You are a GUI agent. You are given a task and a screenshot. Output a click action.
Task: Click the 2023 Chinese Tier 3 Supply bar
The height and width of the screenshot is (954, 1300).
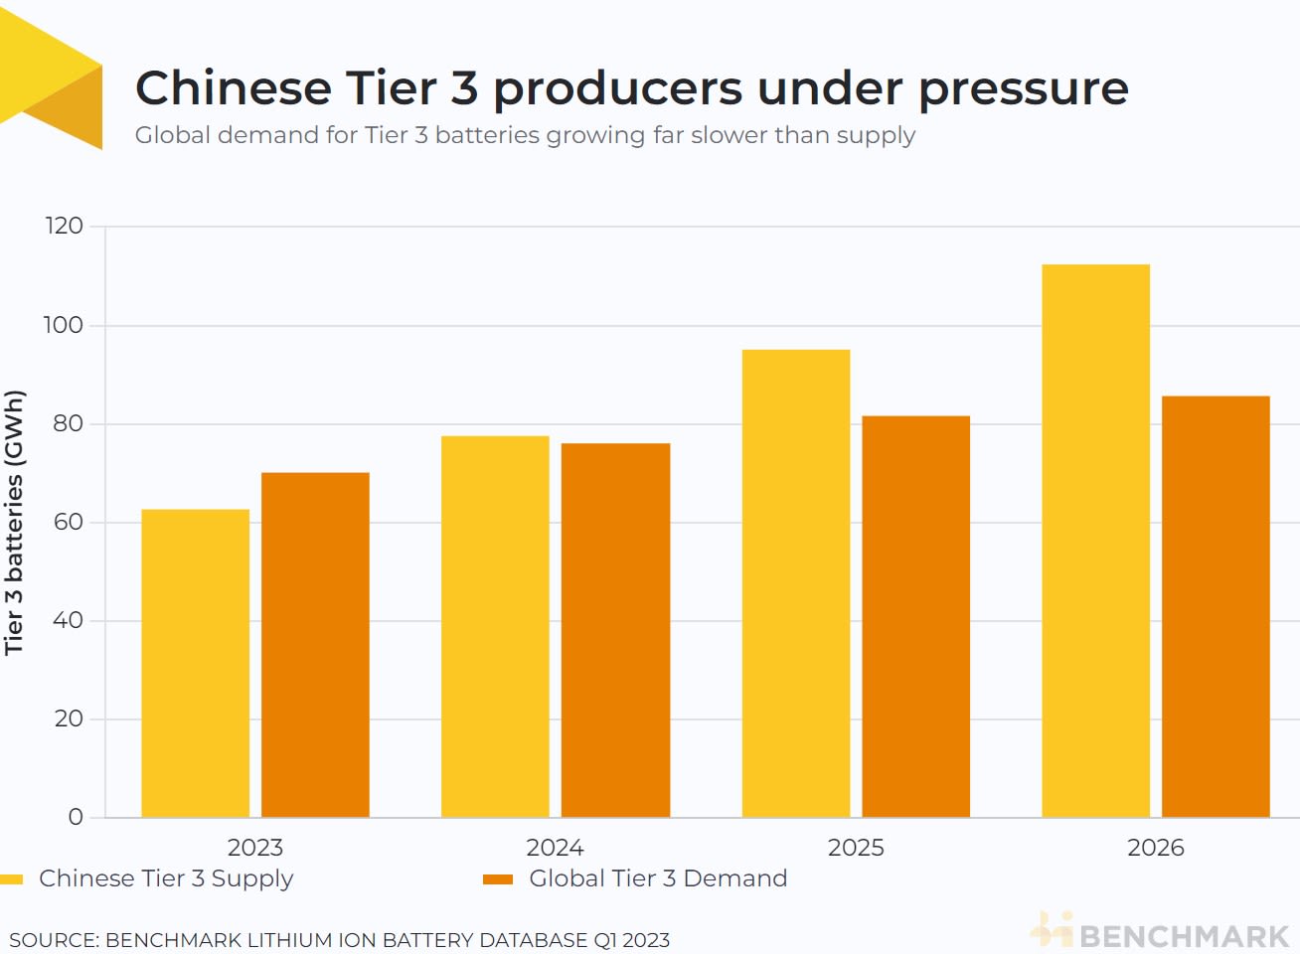pos(195,663)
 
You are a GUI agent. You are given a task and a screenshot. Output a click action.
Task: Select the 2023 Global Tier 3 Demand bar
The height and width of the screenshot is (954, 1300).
pos(315,645)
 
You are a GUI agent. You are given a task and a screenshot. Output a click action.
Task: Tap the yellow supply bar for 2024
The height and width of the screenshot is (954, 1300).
pos(495,626)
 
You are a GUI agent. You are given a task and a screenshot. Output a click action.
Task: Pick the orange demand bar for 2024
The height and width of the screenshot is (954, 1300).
pos(615,630)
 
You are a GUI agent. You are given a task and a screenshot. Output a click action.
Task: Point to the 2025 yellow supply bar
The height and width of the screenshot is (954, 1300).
pos(795,583)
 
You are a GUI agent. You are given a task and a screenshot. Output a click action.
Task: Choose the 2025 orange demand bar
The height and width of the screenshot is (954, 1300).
pos(915,616)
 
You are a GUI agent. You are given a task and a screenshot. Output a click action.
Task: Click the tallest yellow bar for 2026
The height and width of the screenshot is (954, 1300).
pos(1095,541)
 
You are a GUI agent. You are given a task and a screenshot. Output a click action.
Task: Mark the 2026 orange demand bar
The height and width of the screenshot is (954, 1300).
pos(1216,606)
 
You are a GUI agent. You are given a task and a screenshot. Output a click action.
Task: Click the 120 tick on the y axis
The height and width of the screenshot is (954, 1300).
pos(65,227)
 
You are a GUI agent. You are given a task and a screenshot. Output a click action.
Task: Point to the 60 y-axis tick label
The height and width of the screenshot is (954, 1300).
pos(68,522)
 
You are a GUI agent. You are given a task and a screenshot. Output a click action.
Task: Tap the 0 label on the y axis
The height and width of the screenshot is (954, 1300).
pos(76,817)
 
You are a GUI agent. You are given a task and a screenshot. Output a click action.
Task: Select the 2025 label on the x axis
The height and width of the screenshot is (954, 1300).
pos(855,848)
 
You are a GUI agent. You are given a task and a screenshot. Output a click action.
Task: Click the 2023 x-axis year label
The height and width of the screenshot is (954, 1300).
pos(255,848)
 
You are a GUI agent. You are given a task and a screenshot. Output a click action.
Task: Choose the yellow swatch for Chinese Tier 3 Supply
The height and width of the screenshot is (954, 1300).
pos(11,879)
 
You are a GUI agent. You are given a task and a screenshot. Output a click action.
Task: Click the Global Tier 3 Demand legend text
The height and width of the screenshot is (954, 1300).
pos(658,878)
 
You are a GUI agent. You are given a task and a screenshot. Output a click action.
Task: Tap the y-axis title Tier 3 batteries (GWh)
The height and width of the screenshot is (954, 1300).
pos(14,522)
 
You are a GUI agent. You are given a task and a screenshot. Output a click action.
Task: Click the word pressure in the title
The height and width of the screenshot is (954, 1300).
pos(1023,89)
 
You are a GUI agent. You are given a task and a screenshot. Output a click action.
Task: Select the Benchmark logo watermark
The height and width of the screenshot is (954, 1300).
pos(1161,933)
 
